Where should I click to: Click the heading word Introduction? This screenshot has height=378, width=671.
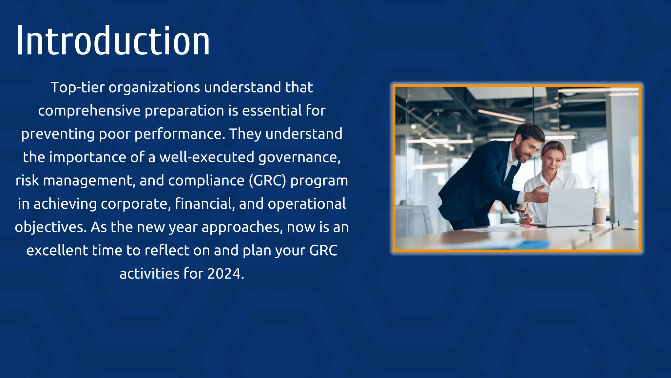[113, 41]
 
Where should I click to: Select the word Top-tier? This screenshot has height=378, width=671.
[77, 88]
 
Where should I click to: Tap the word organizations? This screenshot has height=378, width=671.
[154, 88]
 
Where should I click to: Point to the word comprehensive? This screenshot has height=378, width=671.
[89, 111]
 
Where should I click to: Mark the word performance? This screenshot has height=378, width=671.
[180, 134]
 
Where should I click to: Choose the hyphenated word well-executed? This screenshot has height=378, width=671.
[207, 157]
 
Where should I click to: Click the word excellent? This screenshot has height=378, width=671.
[57, 250]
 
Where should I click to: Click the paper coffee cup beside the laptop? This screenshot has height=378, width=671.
[600, 216]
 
